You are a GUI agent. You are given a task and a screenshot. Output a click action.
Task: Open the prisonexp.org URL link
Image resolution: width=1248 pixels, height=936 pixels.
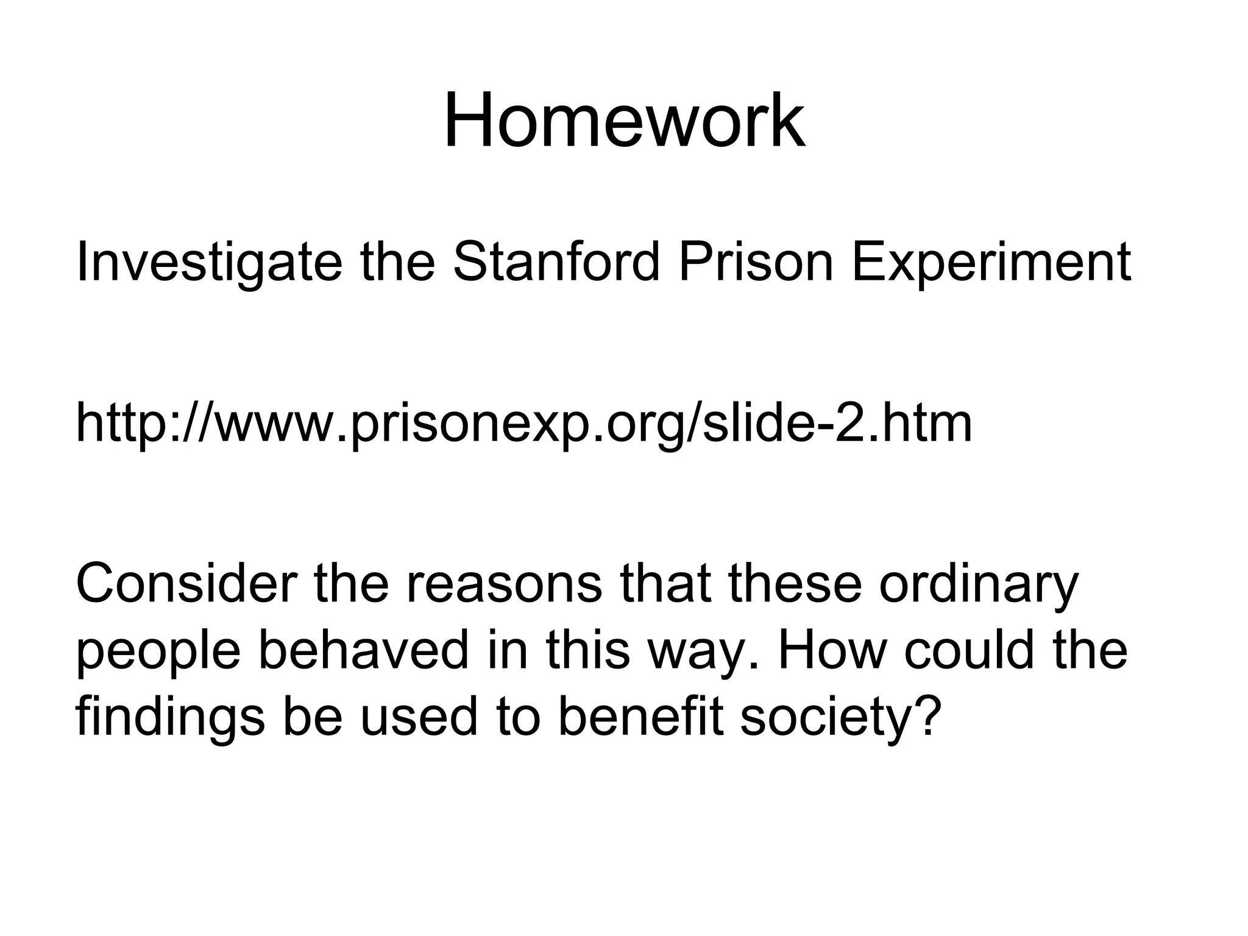tap(523, 424)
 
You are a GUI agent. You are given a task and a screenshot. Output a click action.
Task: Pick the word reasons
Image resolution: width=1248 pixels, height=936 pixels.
tap(503, 585)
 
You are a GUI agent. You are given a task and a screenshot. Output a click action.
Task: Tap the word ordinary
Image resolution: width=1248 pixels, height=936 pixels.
tap(978, 585)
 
